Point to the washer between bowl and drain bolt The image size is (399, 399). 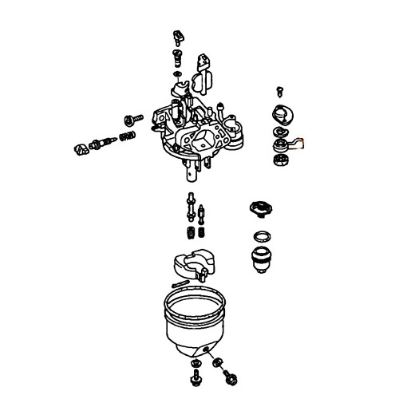(x=217, y=363)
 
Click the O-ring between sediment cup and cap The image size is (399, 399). (x=261, y=236)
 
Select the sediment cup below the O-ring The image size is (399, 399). (x=262, y=259)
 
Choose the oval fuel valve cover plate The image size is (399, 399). (x=282, y=113)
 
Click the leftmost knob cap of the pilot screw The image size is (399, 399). (x=81, y=148)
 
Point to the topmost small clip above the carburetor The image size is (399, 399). (x=177, y=37)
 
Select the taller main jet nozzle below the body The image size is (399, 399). (x=192, y=209)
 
